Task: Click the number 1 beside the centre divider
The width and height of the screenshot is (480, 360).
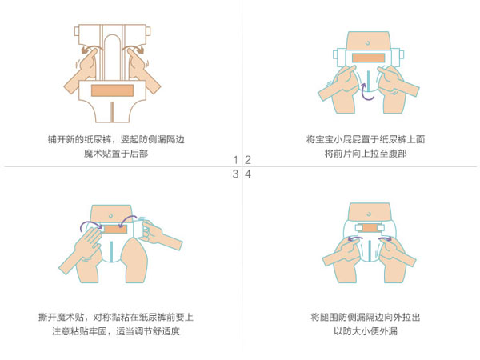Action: [x=235, y=159]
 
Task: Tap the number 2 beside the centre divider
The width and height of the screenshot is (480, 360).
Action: [x=248, y=159]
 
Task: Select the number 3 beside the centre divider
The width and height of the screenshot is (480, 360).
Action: [x=235, y=174]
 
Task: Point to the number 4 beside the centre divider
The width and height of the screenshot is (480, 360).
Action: [x=248, y=174]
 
